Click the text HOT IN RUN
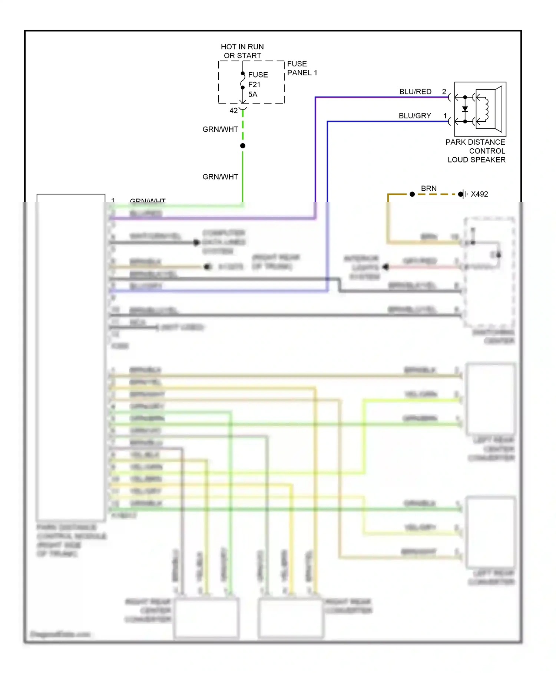point(242,47)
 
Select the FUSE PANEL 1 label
point(302,68)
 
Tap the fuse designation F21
point(254,85)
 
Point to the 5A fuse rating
point(252,94)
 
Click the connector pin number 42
point(234,111)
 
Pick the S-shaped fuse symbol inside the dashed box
point(243,81)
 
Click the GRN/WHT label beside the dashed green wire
point(220,129)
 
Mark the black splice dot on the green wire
point(243,146)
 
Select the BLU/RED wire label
point(415,92)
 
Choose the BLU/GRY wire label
point(415,116)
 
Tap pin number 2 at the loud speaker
point(444,92)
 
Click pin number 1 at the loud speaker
point(445,116)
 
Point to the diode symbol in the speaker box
point(465,109)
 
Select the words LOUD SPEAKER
point(476,160)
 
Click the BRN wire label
point(428,188)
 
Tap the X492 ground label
point(479,194)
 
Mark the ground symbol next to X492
point(463,194)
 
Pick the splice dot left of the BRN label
point(412,194)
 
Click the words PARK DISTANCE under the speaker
point(475,142)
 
